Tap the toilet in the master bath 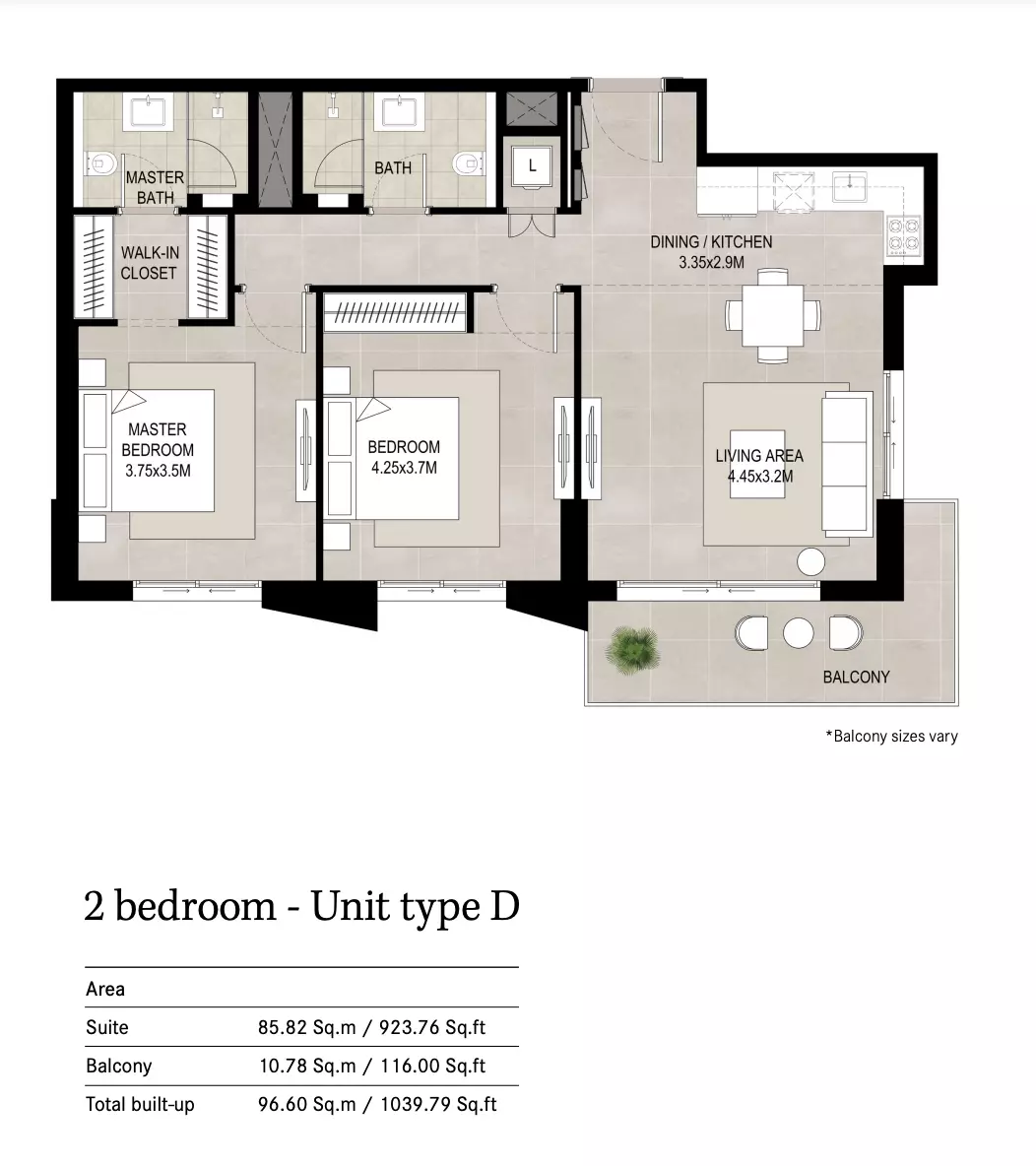click(x=101, y=163)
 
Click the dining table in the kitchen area click(x=773, y=315)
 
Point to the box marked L click(x=532, y=165)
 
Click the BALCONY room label click(x=856, y=677)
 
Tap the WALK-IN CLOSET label click(x=150, y=263)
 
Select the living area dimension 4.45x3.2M click(x=760, y=477)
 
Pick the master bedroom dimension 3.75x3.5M click(x=158, y=471)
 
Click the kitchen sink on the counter click(x=849, y=187)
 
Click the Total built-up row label click(x=140, y=1104)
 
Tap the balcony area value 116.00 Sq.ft click(x=433, y=1067)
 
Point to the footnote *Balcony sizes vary click(x=891, y=737)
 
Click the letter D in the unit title click(x=505, y=906)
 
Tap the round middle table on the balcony click(x=798, y=633)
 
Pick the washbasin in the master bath click(x=152, y=111)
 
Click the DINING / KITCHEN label click(x=711, y=241)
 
